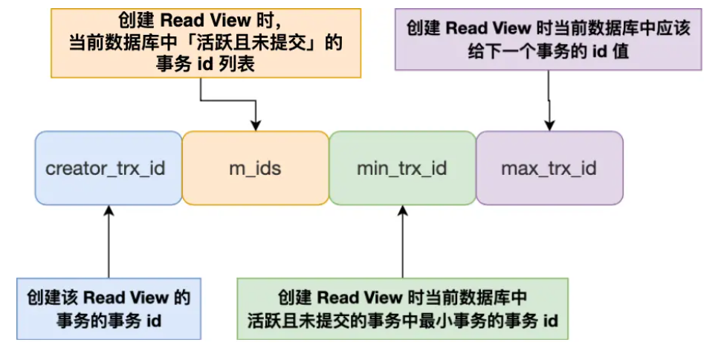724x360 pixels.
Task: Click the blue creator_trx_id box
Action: tap(109, 168)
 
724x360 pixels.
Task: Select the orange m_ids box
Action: tap(256, 168)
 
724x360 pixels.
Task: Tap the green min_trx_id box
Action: tap(402, 168)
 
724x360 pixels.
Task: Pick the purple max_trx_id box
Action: tap(549, 168)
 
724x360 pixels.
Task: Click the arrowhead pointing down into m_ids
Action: tap(256, 126)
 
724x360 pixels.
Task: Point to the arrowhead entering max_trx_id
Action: tap(549, 126)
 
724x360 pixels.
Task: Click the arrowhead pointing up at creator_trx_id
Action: tap(109, 210)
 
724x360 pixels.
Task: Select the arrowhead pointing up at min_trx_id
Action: tap(403, 210)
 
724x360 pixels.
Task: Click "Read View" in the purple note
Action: tap(489, 28)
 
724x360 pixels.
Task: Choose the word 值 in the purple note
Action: tap(621, 51)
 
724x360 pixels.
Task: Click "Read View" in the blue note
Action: tap(126, 298)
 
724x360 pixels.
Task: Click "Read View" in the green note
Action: tap(361, 298)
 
